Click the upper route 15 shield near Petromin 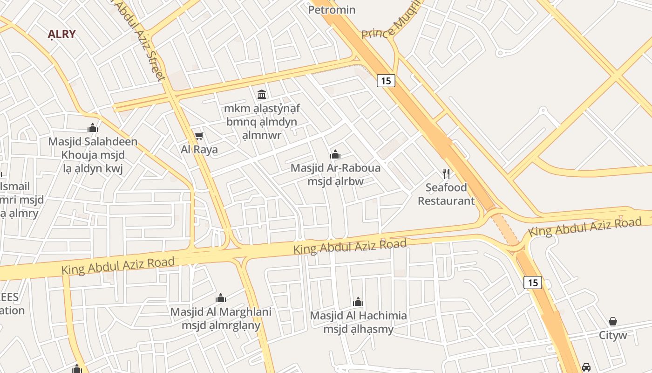[386, 81]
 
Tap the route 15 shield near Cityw [533, 282]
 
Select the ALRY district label [62, 34]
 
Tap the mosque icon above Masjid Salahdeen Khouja [93, 128]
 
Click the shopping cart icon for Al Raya [199, 136]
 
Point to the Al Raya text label [199, 150]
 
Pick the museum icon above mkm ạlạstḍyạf [262, 95]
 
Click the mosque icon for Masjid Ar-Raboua [335, 154]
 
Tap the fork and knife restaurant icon [446, 174]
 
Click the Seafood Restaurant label [446, 194]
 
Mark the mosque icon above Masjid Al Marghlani [221, 298]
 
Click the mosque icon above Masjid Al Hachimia [358, 302]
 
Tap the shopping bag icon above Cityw [613, 321]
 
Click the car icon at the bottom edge [586, 367]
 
